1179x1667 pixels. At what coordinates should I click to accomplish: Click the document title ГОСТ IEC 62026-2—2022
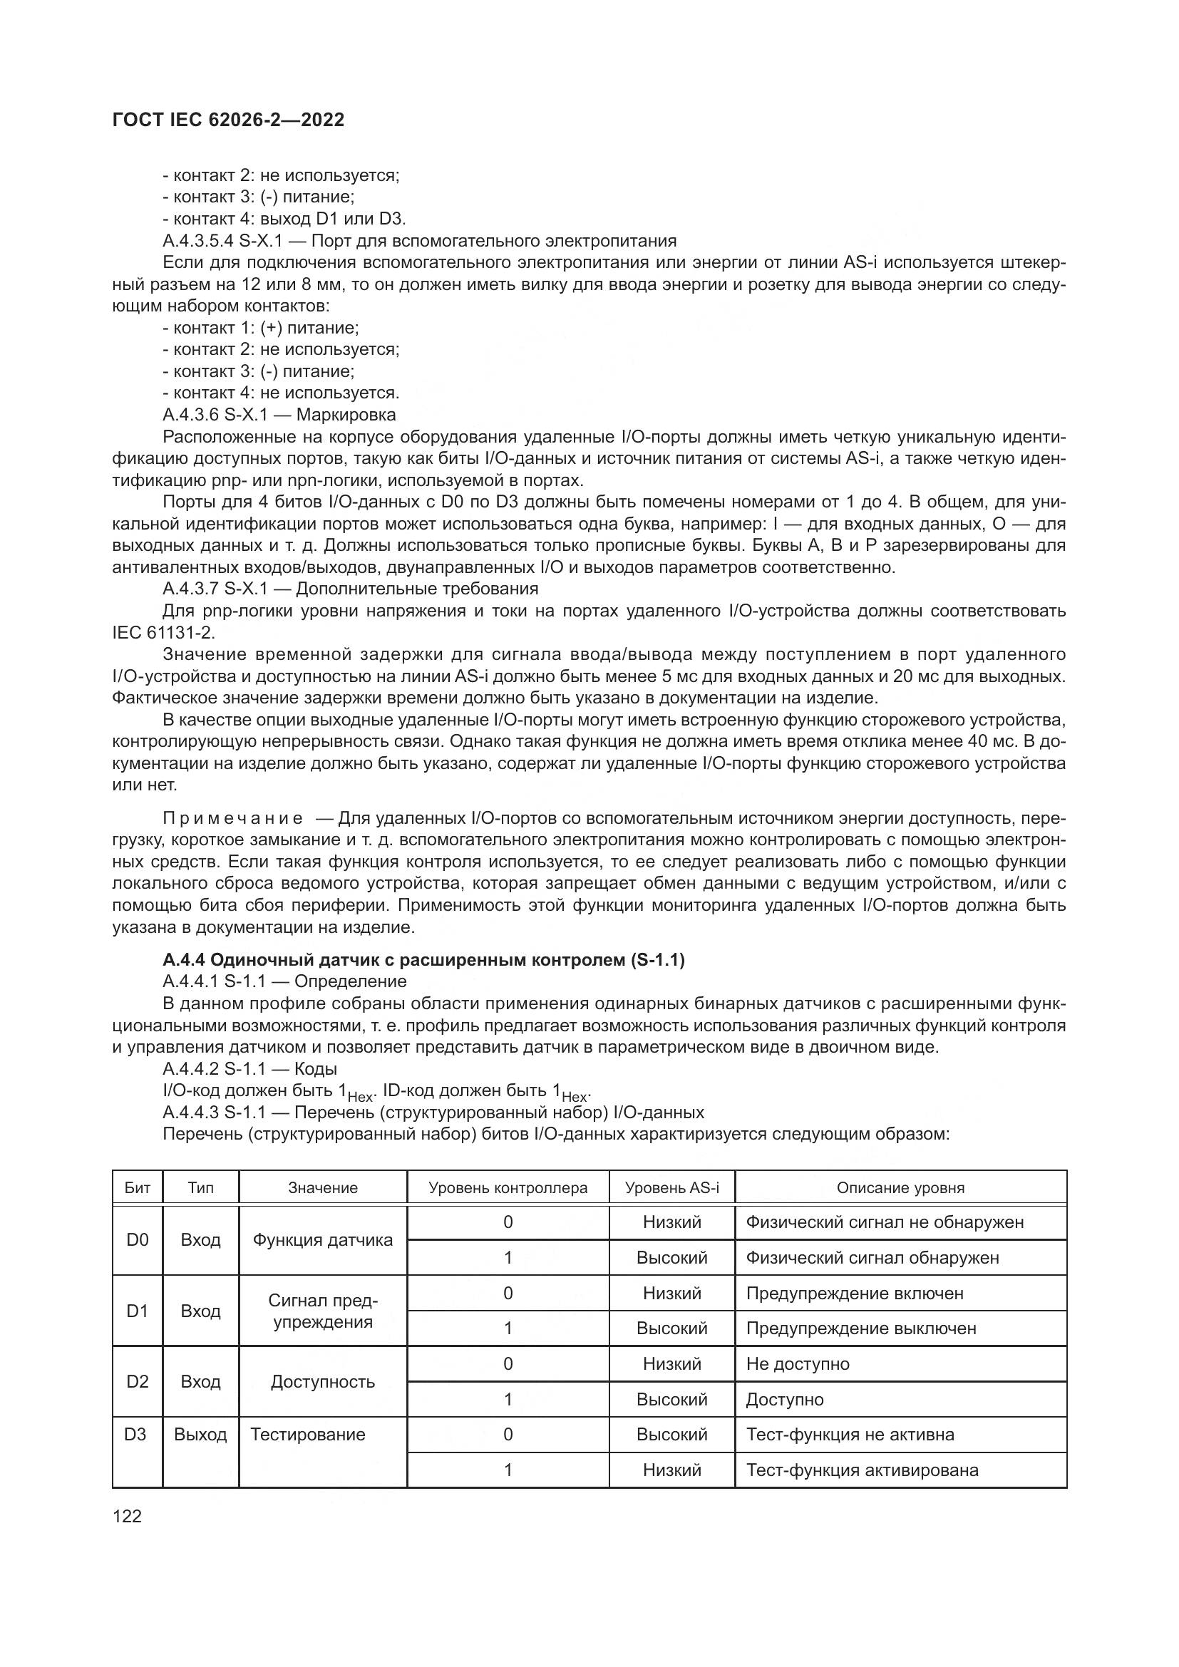[x=228, y=120]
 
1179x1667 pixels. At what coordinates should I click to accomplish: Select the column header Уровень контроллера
[x=508, y=1188]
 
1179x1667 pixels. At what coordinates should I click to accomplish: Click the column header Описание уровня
[x=900, y=1188]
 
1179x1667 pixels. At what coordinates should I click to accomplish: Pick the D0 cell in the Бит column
[x=137, y=1239]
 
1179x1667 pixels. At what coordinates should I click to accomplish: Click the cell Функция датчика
[x=322, y=1239]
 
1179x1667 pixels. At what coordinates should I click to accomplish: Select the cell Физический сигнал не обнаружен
[x=884, y=1222]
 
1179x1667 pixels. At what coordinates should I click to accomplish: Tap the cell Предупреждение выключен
[x=861, y=1328]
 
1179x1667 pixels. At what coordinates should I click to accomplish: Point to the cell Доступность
[x=322, y=1381]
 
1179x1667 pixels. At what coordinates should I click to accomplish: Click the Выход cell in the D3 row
[x=200, y=1434]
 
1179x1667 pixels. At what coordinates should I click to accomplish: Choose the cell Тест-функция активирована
[x=862, y=1470]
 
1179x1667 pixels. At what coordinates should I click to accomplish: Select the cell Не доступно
[x=797, y=1363]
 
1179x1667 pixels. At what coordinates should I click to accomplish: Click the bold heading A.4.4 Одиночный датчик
[x=423, y=960]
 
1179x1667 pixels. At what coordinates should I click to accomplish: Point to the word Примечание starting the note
[x=233, y=819]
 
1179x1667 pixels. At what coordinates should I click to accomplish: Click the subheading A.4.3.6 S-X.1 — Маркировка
[x=279, y=415]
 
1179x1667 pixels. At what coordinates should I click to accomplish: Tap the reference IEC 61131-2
[x=163, y=631]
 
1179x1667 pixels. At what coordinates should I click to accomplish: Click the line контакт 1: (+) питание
[x=262, y=327]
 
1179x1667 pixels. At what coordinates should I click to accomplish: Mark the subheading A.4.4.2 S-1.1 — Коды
[x=249, y=1069]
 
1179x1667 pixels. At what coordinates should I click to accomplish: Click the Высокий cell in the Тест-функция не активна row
[x=671, y=1434]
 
